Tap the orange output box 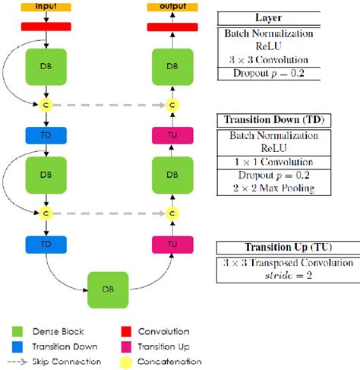[172, 7]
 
